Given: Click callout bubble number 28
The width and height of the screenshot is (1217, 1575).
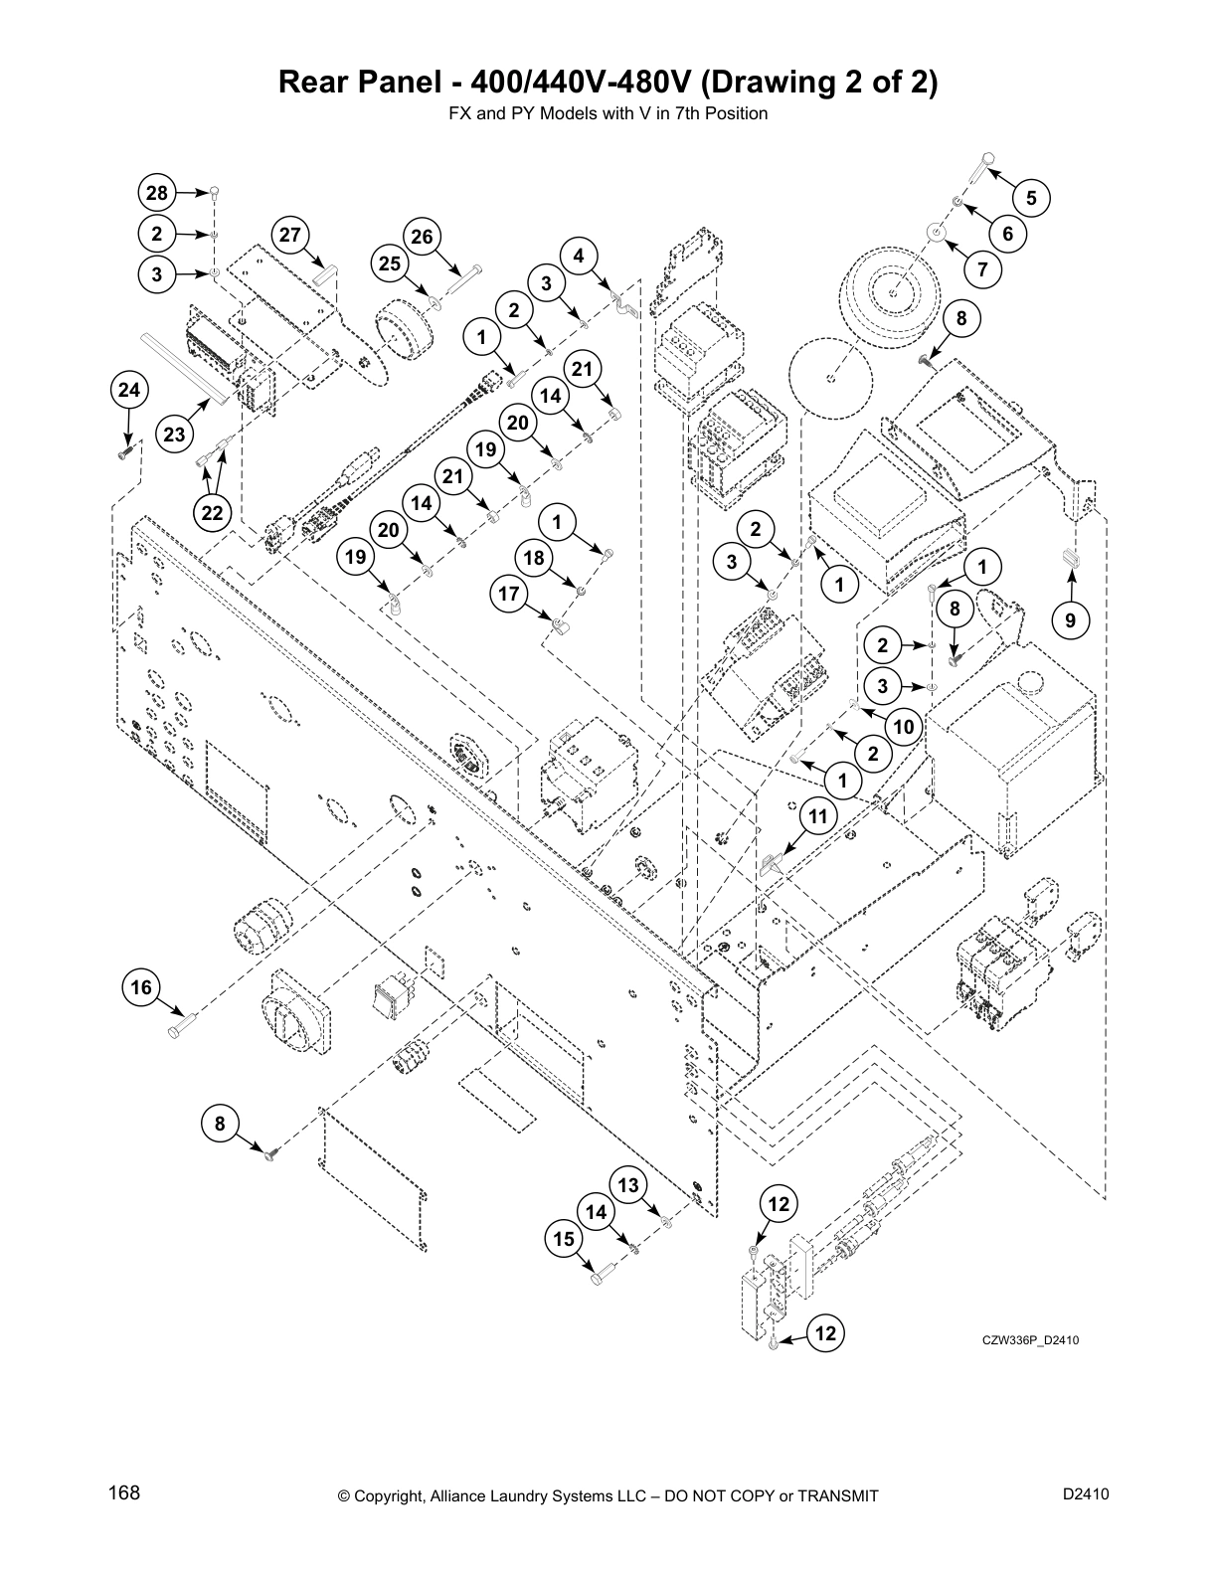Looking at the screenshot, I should click(x=156, y=192).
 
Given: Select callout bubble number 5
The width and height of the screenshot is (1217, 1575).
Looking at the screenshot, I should click(x=1031, y=198).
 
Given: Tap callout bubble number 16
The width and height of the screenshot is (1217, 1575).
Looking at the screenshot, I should click(x=141, y=986).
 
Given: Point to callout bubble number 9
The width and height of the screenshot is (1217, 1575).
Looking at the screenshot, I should click(x=1070, y=620).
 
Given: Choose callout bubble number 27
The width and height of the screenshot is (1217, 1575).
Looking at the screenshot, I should click(x=289, y=235).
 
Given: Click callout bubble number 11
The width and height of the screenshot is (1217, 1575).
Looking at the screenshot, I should click(x=817, y=817).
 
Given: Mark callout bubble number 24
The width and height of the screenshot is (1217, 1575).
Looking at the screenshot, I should click(x=129, y=391).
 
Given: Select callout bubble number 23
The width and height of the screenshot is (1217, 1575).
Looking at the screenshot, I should click(x=174, y=435).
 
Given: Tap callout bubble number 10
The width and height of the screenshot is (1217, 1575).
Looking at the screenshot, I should click(x=903, y=727).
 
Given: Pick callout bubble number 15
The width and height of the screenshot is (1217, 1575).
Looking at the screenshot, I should click(x=564, y=1239).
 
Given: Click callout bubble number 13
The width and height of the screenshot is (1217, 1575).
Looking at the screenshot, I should click(x=627, y=1185).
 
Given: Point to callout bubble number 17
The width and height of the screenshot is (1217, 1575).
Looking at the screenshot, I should click(x=509, y=595).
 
